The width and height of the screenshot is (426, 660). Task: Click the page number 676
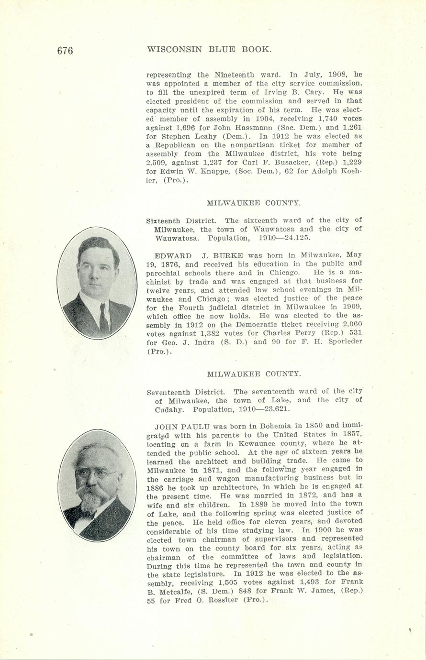pos(65,50)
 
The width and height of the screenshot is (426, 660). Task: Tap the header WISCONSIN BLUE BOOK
pos(210,49)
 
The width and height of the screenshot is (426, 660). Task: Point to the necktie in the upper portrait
pos(103,318)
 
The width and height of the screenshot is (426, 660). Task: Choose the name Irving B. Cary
pos(294,92)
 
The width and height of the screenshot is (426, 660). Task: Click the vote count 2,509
pos(156,163)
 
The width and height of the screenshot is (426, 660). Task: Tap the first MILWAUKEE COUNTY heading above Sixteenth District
pos(254,203)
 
